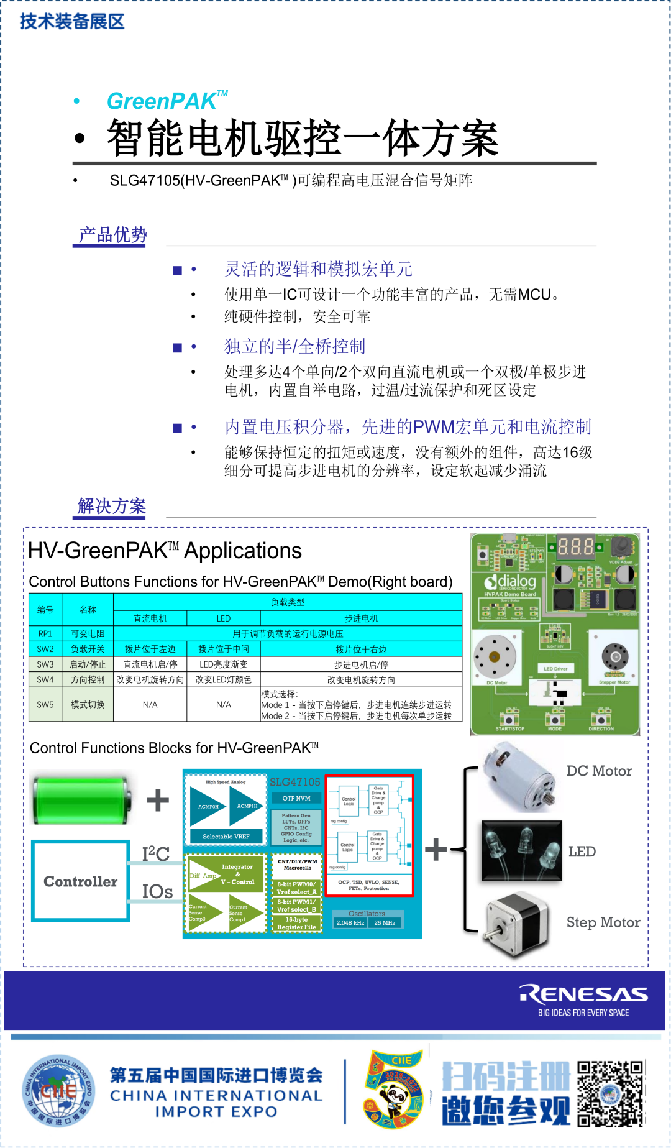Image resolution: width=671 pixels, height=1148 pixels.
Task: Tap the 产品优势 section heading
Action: pos(112,235)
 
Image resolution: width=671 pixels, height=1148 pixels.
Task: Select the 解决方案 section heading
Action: pos(112,507)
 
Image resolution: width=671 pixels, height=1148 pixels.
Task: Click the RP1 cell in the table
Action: pos(45,633)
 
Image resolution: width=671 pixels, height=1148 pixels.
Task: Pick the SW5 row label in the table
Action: pos(45,704)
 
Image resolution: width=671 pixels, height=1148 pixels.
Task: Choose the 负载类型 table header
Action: pos(288,602)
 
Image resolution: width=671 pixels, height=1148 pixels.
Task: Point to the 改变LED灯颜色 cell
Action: pos(224,679)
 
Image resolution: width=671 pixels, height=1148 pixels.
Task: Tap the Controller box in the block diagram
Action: pos(81,881)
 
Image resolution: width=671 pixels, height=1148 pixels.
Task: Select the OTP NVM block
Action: pos(296,798)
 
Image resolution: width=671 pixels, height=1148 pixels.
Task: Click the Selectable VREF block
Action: pos(226,837)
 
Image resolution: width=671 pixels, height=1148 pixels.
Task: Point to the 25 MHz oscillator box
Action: pos(385,923)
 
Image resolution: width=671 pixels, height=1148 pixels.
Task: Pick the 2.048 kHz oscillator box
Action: pos(350,923)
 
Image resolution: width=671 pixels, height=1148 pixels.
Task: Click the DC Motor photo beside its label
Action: pos(519,777)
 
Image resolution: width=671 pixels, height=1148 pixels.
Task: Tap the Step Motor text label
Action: pos(603,922)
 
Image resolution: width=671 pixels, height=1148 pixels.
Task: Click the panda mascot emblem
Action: pos(395,1091)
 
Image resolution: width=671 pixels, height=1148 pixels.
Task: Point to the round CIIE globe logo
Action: pos(58,1091)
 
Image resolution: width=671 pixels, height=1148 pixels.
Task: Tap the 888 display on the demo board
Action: pos(575,547)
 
